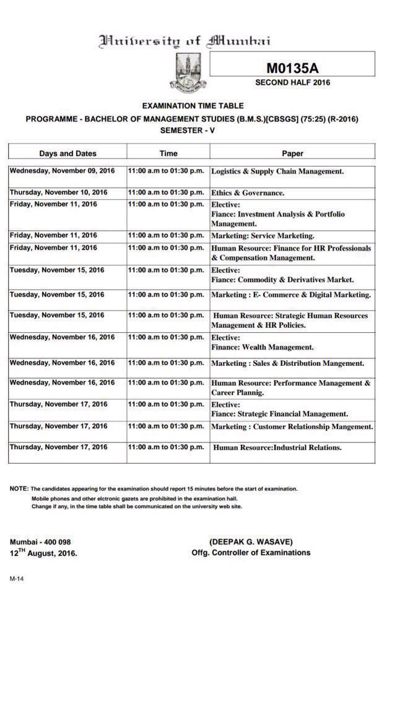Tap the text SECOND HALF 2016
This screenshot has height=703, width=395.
(292, 82)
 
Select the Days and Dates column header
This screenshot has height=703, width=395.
(67, 153)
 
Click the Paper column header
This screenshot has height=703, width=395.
(292, 153)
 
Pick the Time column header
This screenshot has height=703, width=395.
(168, 153)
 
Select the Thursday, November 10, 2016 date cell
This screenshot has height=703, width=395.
(58, 192)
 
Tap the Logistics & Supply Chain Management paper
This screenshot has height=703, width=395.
(277, 171)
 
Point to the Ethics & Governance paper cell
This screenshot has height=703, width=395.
(248, 193)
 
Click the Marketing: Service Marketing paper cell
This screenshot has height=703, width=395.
(263, 236)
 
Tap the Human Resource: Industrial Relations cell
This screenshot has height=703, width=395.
(277, 447)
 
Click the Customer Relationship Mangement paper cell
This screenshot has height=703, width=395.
(292, 426)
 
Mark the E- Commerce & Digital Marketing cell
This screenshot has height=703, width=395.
(291, 295)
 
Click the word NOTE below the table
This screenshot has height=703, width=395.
(18, 489)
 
